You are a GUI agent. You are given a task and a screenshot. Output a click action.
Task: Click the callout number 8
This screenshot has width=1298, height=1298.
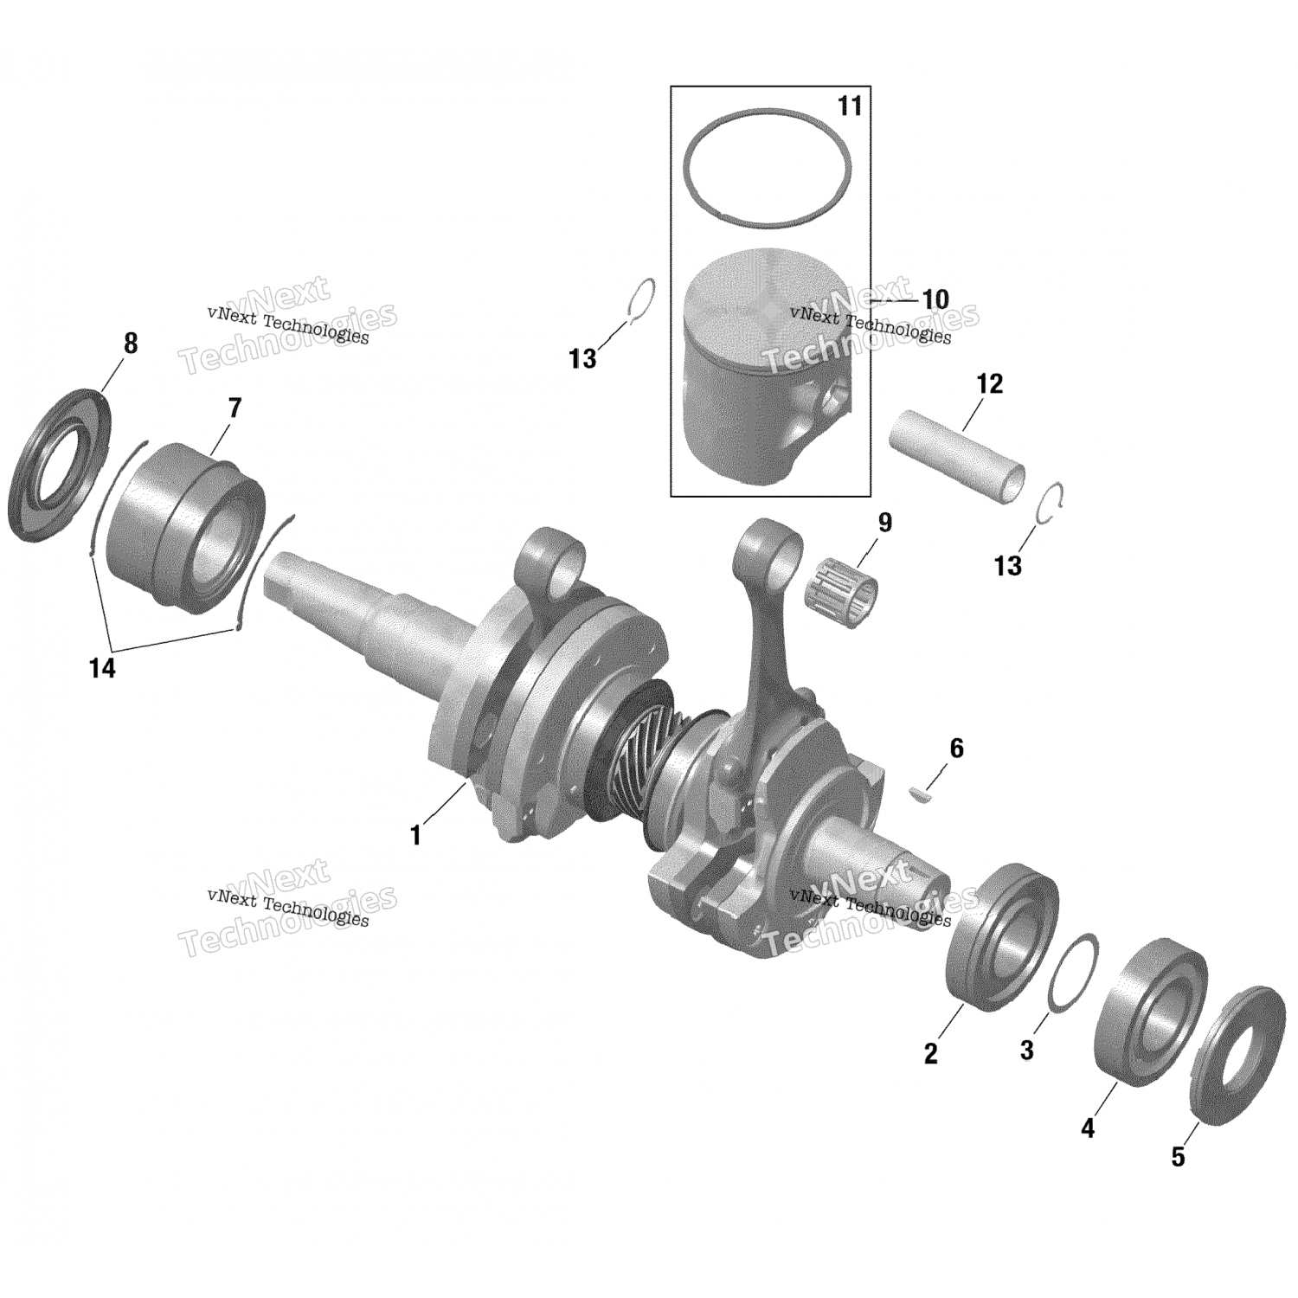131,344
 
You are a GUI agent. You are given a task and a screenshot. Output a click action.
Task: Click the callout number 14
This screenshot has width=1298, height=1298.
102,668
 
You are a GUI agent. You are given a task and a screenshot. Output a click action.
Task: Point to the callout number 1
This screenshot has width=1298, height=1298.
416,835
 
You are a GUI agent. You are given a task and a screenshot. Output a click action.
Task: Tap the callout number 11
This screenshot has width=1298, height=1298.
850,106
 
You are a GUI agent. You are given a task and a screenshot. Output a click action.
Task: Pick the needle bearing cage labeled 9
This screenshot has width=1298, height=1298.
841,591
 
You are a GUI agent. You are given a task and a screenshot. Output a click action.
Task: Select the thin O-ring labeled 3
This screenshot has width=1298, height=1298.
1073,972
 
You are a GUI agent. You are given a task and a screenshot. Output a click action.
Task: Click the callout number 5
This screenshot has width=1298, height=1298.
1178,1157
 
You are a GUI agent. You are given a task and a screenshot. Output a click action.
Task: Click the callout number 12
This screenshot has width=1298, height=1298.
989,383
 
